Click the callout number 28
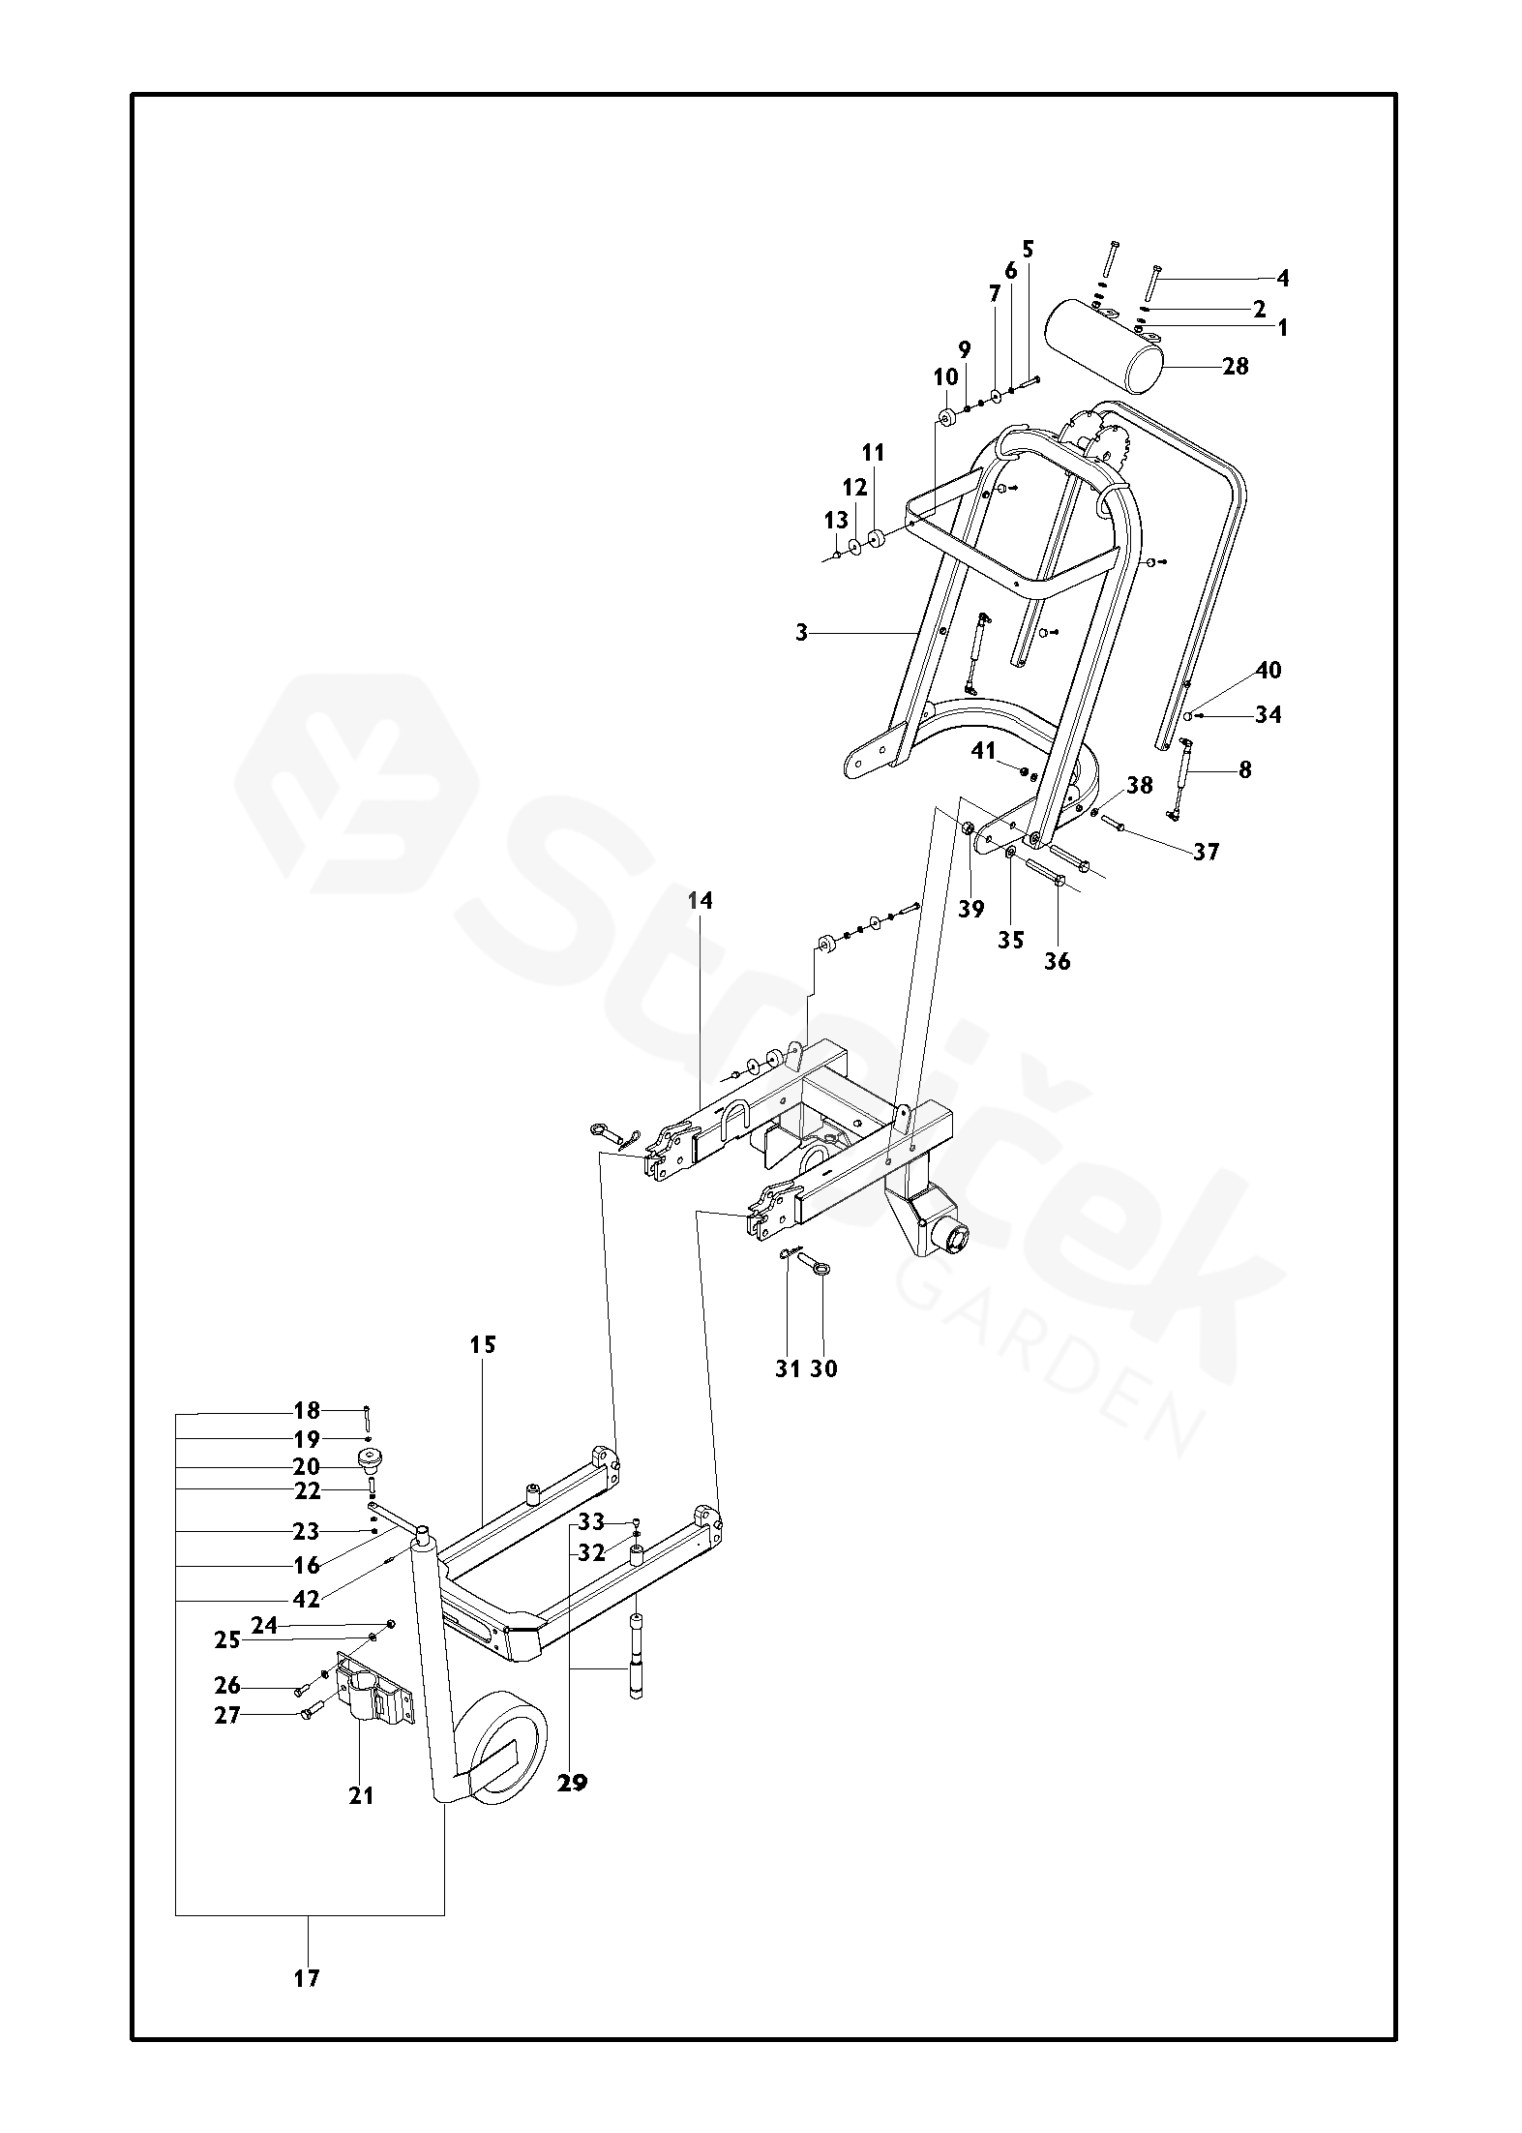pos(1236,367)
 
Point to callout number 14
pos(700,901)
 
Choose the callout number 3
pos(801,634)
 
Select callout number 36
pos(1058,961)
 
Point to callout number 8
pos(1245,770)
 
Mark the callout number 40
pos(1268,670)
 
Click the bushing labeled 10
pos(945,418)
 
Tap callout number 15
pos(483,1344)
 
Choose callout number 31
pos(788,1368)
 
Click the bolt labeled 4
pos(1153,285)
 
